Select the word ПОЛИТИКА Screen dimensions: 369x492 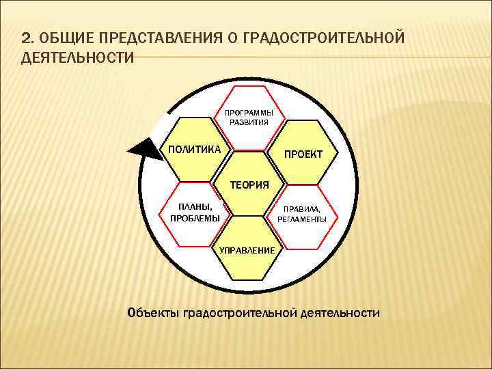pos(195,149)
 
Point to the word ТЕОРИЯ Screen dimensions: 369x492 pos(249,184)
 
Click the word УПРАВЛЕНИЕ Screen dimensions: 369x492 pos(247,250)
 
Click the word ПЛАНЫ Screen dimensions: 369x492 pos(195,207)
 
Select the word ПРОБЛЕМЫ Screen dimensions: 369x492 pos(195,218)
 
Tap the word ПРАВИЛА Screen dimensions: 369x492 pos(302,210)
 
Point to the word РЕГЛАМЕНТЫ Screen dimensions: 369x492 pos(302,219)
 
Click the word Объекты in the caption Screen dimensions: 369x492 pos(153,313)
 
